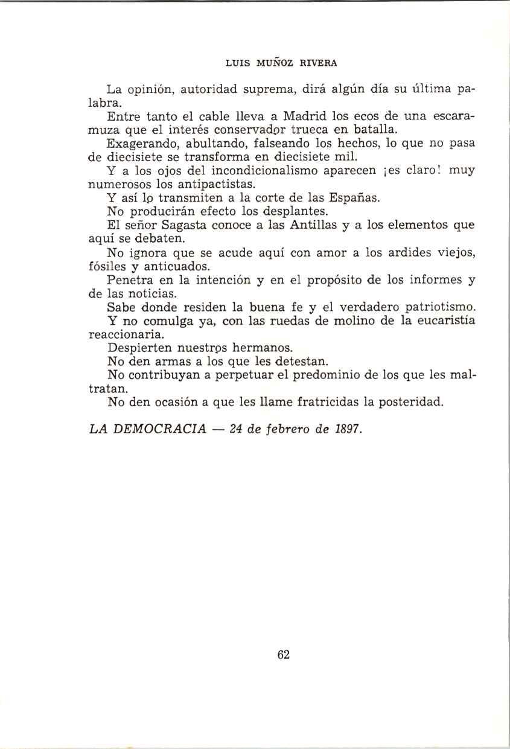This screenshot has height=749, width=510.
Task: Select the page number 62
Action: [x=284, y=655]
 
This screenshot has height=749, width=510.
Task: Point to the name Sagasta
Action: [x=179, y=225]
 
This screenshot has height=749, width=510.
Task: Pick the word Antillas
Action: [x=300, y=225]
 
